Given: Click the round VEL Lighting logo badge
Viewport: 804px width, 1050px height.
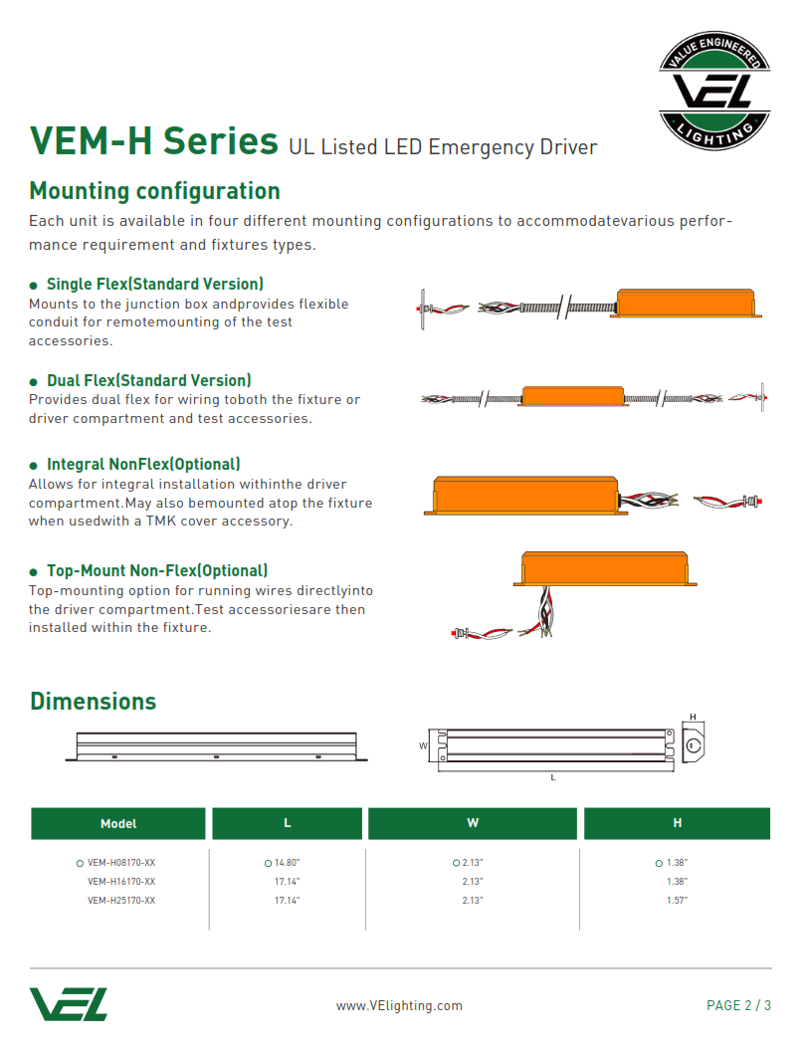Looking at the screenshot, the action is [x=714, y=90].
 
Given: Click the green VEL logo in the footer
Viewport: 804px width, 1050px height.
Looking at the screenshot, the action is [x=69, y=1004].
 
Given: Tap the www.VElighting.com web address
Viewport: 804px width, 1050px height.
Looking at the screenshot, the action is [x=399, y=1005].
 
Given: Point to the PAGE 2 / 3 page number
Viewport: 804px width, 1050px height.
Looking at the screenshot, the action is [x=738, y=1005].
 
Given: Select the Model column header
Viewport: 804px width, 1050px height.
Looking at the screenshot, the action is [x=118, y=824].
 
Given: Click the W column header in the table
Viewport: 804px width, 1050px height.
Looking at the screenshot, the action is [x=473, y=823].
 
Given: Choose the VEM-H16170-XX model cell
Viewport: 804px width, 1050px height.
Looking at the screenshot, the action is [x=121, y=881].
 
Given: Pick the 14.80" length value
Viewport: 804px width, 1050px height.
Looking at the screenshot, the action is [x=288, y=863].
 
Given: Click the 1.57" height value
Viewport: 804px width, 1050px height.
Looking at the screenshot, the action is [x=677, y=900].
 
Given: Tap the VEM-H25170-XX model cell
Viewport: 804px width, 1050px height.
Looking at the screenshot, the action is [x=121, y=900].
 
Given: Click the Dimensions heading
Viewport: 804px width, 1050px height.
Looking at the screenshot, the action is [x=94, y=701].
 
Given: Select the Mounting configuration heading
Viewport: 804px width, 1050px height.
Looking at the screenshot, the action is [x=154, y=191].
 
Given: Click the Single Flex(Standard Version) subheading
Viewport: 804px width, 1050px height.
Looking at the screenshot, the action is [x=155, y=284].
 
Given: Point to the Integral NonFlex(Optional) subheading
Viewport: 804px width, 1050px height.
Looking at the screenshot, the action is [x=143, y=464].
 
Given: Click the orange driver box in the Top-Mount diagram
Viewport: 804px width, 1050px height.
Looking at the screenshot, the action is [x=605, y=568].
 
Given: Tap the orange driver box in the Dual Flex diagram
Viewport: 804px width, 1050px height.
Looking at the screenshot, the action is [x=573, y=396].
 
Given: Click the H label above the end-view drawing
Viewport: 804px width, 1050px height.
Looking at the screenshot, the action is [x=693, y=718].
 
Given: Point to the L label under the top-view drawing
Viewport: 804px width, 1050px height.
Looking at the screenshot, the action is [x=553, y=777].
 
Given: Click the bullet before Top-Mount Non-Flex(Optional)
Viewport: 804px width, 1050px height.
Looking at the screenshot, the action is [x=34, y=572].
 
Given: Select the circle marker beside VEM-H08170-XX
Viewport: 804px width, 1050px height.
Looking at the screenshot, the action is [x=80, y=863].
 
